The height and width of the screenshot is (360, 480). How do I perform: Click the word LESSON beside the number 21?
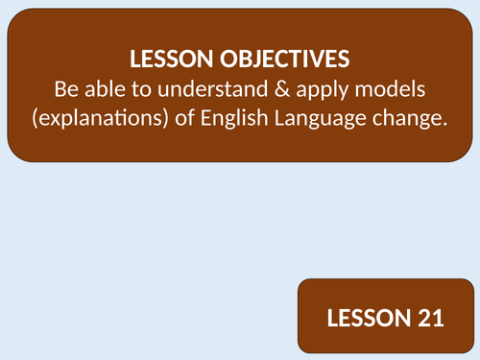click(x=361, y=318)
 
